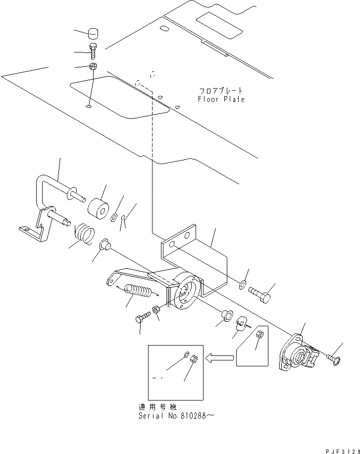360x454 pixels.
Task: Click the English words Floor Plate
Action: (x=221, y=99)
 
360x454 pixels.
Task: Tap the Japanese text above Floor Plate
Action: (x=221, y=91)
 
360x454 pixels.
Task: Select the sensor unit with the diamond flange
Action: (x=297, y=354)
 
